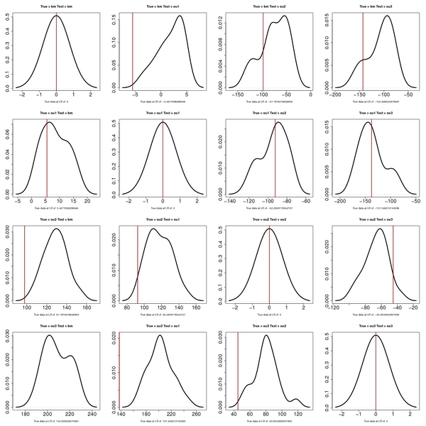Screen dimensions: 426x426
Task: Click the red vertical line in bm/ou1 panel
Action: pos(133,50)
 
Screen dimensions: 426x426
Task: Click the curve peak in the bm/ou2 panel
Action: pos(284,16)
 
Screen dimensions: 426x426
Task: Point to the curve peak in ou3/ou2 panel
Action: pos(266,335)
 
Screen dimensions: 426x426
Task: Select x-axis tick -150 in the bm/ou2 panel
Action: pos(239,94)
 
